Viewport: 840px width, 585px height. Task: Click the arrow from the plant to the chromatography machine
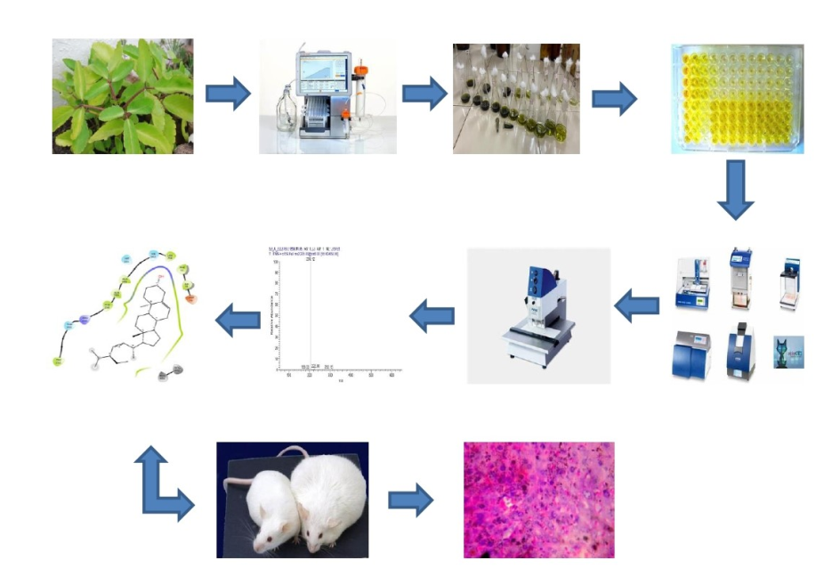(228, 93)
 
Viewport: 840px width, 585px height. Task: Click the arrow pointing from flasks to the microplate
(614, 98)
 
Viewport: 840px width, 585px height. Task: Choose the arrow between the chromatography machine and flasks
(424, 93)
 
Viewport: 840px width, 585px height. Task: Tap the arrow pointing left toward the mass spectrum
(432, 314)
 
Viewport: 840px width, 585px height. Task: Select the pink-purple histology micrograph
(538, 500)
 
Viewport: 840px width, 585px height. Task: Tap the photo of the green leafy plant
(122, 96)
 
